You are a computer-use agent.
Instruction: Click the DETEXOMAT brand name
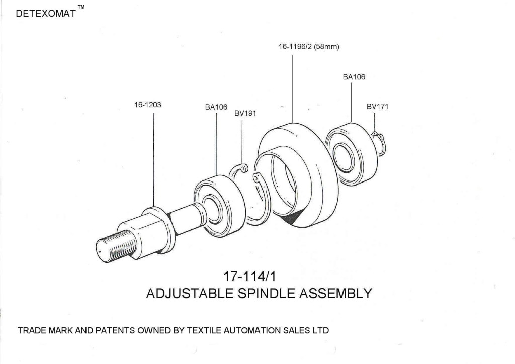pos(45,14)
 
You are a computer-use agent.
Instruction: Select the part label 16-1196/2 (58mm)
pos(309,47)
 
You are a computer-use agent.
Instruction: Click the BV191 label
pos(245,113)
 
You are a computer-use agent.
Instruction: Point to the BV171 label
pos(377,107)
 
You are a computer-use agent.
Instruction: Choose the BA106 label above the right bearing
pos(354,77)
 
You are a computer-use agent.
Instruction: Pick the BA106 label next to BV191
pos(216,107)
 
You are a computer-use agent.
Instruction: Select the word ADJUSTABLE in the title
pos(187,293)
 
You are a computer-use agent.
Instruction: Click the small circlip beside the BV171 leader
pos(381,143)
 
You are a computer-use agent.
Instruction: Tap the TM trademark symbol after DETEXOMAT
pos(81,7)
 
